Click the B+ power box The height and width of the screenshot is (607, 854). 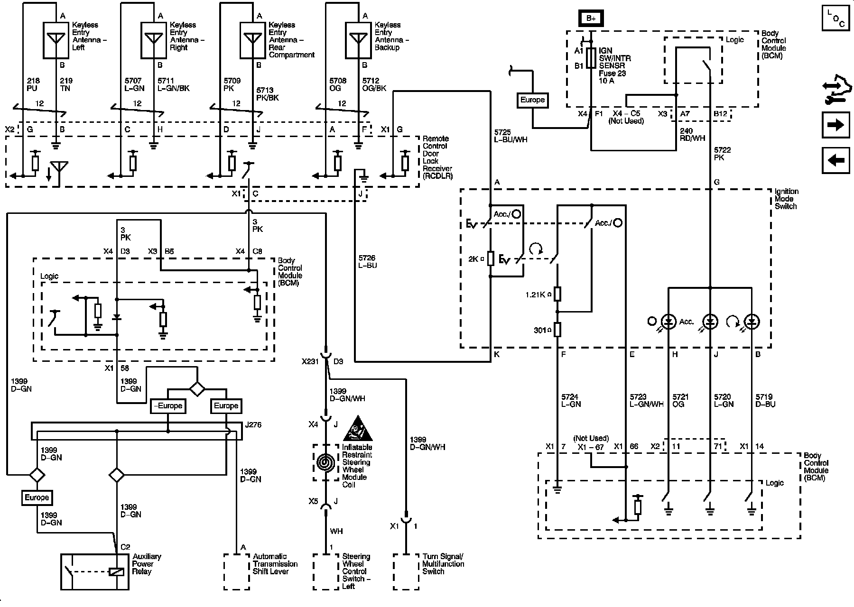coord(591,18)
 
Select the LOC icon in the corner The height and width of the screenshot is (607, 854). coord(835,18)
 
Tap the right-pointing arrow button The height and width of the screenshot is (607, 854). coord(835,125)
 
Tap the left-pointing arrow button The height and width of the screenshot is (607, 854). coord(835,160)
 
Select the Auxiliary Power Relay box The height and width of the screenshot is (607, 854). coord(95,571)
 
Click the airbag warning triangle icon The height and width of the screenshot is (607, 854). coord(357,429)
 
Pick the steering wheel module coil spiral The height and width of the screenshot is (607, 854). coord(325,462)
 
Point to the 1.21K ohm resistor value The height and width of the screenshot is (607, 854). coord(538,294)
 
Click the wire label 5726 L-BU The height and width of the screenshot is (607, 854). coord(368,262)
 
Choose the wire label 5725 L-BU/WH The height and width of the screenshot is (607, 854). coord(511,136)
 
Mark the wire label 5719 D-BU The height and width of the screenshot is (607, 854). coord(765,400)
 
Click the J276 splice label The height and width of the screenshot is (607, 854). coord(253,425)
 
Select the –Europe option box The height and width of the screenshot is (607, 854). coord(168,406)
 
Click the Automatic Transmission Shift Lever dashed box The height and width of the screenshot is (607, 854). coord(236,571)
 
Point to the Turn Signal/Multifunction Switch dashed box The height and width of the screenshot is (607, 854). coord(406,571)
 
